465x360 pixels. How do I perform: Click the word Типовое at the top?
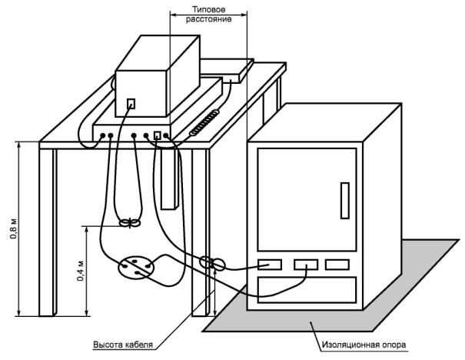(x=209, y=9)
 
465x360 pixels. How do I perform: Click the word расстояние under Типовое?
(x=209, y=19)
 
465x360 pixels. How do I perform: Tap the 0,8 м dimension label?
(x=14, y=228)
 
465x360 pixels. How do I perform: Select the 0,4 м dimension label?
(x=81, y=271)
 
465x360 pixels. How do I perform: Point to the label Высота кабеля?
(x=123, y=345)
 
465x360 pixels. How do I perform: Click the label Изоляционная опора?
(x=364, y=345)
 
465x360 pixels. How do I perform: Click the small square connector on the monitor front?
(x=131, y=104)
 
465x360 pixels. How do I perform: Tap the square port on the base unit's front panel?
(x=157, y=135)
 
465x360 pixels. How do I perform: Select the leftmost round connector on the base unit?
(x=102, y=135)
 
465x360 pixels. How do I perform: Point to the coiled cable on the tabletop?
(x=204, y=123)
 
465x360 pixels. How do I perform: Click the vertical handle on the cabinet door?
(x=345, y=201)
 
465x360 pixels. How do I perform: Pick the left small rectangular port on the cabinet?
(x=270, y=265)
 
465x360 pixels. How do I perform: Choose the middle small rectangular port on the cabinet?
(x=306, y=265)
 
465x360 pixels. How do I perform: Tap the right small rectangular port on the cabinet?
(x=337, y=265)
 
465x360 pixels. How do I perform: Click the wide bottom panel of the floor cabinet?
(x=307, y=290)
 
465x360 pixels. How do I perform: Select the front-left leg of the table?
(x=48, y=232)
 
